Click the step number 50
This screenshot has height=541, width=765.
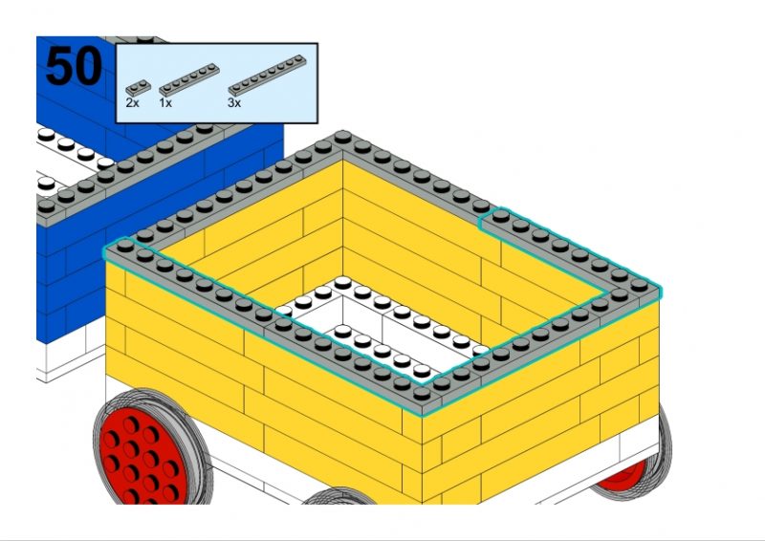pyautogui.click(x=74, y=66)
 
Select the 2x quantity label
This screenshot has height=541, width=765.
pyautogui.click(x=132, y=103)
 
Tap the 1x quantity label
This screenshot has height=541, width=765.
pyautogui.click(x=165, y=103)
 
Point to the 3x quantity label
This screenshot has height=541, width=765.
pyautogui.click(x=234, y=103)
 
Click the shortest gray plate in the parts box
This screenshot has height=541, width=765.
pyautogui.click(x=138, y=88)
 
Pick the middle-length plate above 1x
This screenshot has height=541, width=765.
pyautogui.click(x=188, y=79)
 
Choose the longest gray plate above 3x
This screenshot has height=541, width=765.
pyautogui.click(x=268, y=75)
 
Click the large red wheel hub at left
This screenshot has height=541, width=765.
pyautogui.click(x=144, y=456)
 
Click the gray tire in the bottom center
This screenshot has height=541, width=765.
pyautogui.click(x=339, y=497)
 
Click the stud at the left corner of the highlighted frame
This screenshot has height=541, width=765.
pyautogui.click(x=125, y=244)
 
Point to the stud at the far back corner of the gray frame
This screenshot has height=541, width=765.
pyautogui.click(x=342, y=136)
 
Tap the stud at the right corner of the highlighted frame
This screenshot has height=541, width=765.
pyautogui.click(x=639, y=285)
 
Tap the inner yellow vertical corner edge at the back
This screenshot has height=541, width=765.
pyautogui.click(x=343, y=220)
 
